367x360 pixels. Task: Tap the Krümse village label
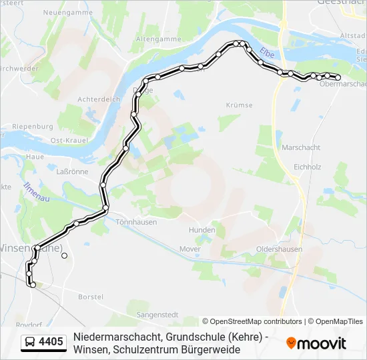(x=239, y=105)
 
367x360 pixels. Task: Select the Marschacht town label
(x=301, y=147)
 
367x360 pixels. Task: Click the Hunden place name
(x=202, y=231)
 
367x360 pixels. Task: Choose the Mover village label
(x=190, y=249)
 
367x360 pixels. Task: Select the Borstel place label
(x=90, y=296)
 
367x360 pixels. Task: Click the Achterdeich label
(x=98, y=99)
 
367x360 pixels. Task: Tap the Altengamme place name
(x=159, y=39)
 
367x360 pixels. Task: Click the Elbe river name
(x=267, y=52)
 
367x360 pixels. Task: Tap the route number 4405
(x=51, y=343)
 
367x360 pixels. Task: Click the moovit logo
(x=316, y=343)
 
